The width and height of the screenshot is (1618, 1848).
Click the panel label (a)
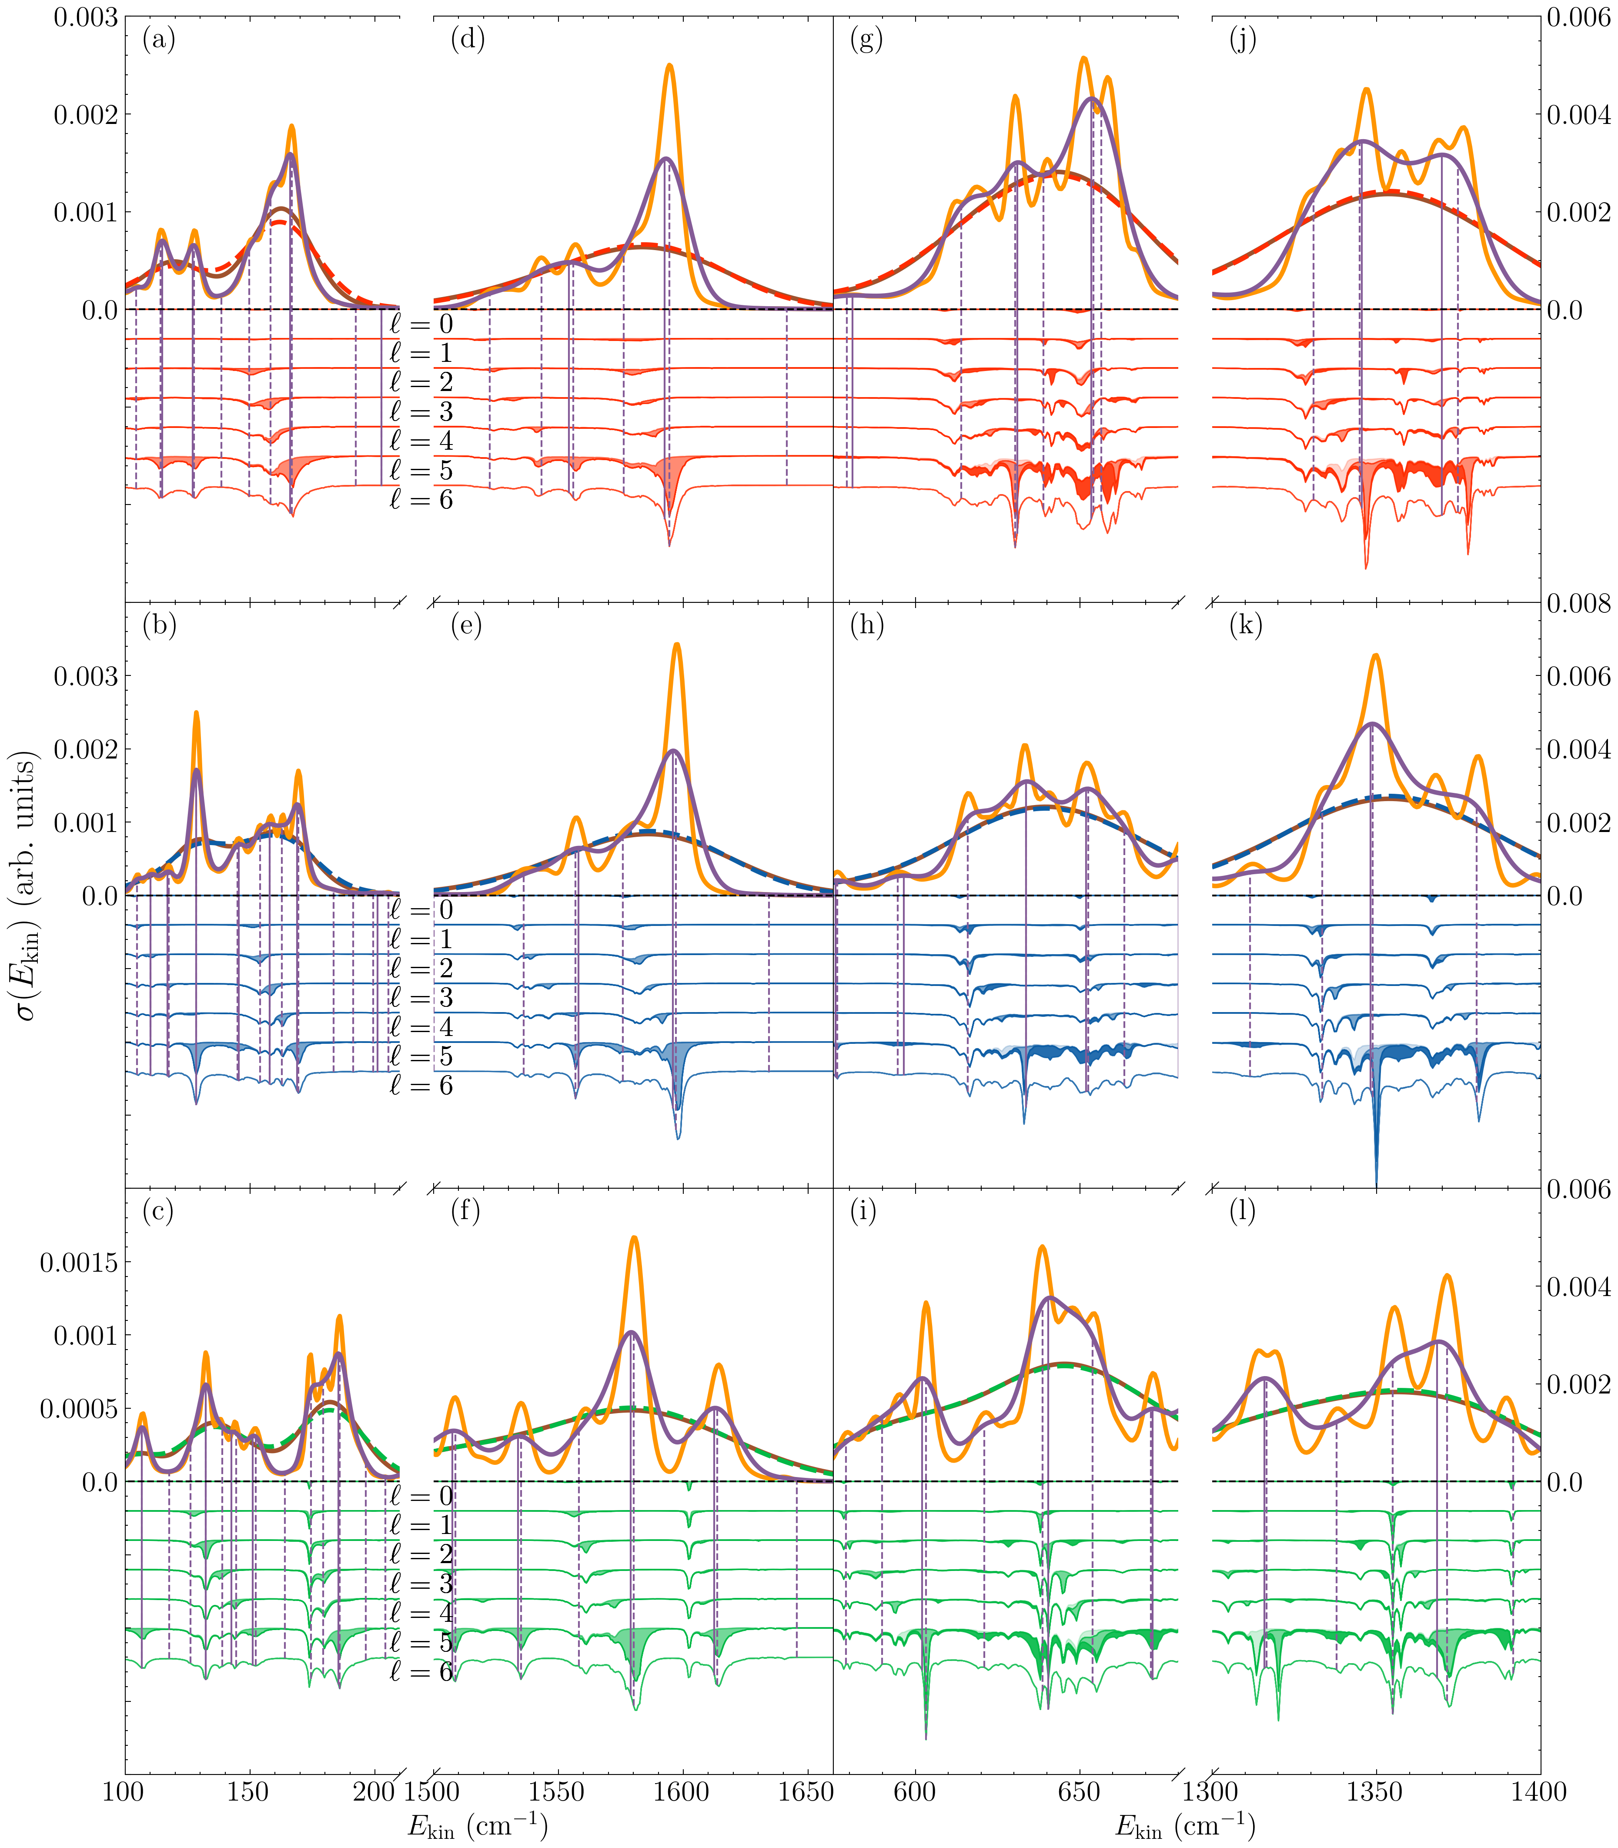(159, 40)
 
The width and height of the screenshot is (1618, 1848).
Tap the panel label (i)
(864, 1212)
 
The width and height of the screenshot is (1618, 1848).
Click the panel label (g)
(866, 40)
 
